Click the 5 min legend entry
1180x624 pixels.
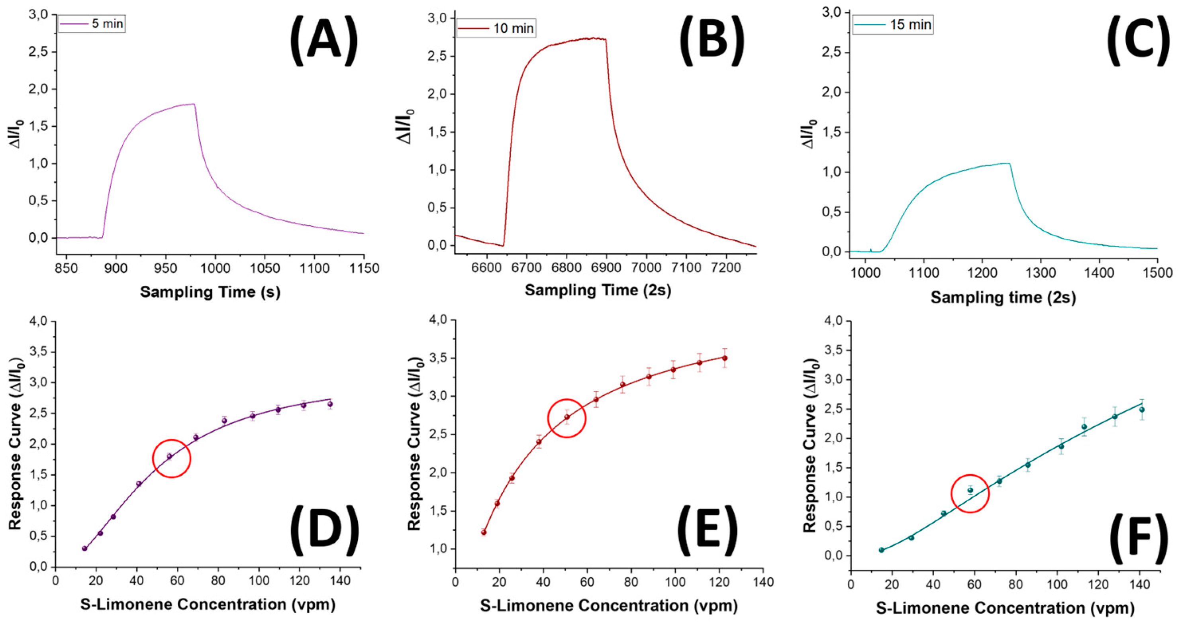click(92, 24)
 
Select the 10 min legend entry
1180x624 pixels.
click(496, 28)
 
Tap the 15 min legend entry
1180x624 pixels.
click(892, 24)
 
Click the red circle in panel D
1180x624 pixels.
click(171, 458)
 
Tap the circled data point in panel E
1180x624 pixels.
click(566, 417)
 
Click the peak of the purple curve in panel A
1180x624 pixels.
click(194, 104)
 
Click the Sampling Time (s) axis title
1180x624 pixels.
click(210, 292)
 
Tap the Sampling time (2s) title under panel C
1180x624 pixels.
click(1003, 298)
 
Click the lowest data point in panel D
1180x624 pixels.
click(84, 548)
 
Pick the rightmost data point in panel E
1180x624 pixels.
click(725, 358)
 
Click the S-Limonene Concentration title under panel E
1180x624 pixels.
click(609, 606)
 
